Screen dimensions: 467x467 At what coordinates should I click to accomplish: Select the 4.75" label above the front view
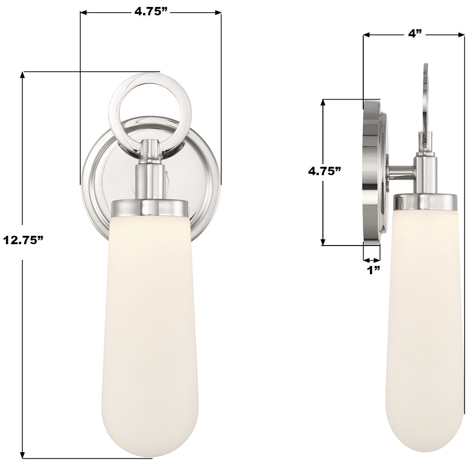tap(151, 12)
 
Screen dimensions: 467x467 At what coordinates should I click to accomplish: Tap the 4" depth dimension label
tap(415, 33)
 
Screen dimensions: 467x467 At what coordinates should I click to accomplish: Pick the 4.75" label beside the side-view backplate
tap(325, 171)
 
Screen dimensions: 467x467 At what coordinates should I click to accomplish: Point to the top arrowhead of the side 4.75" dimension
tap(323, 101)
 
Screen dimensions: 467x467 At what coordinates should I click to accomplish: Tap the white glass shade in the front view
tap(150, 324)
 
